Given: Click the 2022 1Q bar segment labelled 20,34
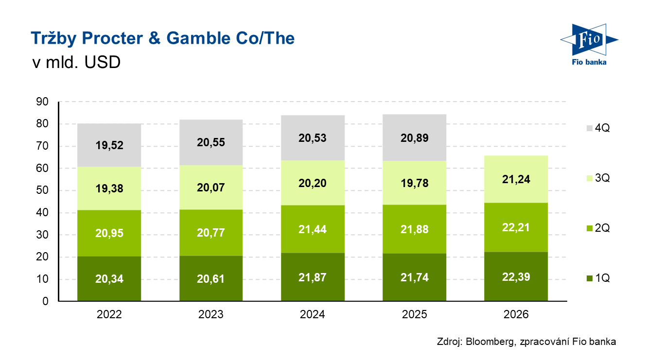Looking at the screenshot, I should (x=109, y=279).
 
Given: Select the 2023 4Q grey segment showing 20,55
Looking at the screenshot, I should (x=211, y=142).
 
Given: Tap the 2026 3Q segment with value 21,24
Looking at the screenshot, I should (x=516, y=179).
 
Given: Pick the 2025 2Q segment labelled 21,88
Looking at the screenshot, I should (x=415, y=229).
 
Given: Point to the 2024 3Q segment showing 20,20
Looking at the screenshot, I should (x=313, y=183).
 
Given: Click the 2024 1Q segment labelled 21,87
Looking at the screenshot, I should (x=313, y=277).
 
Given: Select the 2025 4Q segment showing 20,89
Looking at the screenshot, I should (x=415, y=138).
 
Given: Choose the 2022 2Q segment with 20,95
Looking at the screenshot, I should (x=109, y=233).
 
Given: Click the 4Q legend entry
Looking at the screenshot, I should (x=598, y=128).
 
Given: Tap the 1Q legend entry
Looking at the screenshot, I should (x=598, y=278).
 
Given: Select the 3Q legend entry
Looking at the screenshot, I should (x=598, y=178).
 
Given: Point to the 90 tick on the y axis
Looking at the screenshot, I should (x=42, y=102).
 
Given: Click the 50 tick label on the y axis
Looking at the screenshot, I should (x=42, y=191).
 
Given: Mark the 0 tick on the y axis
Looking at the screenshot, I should (x=45, y=302).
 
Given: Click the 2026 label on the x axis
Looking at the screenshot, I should (x=516, y=315).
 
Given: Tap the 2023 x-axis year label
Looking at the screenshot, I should (x=211, y=315).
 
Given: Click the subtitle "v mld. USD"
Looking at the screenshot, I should (x=75, y=63).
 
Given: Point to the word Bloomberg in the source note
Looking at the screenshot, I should (x=489, y=342).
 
